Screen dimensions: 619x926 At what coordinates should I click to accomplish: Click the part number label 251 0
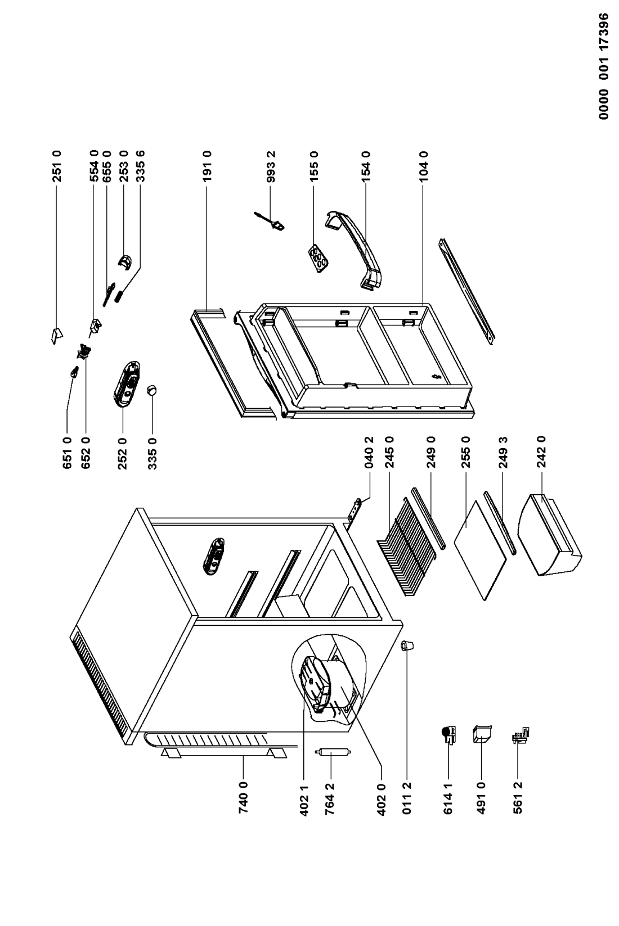(57, 166)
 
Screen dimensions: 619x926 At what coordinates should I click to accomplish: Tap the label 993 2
(271, 167)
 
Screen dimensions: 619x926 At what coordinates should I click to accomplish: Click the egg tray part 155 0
(319, 259)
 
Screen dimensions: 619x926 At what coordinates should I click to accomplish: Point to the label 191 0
(207, 166)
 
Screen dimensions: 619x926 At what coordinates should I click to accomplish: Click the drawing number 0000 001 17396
(604, 66)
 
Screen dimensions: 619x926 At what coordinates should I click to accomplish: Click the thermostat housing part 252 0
(126, 384)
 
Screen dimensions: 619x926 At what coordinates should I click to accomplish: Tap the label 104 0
(423, 166)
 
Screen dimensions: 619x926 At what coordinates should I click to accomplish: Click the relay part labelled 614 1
(450, 735)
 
